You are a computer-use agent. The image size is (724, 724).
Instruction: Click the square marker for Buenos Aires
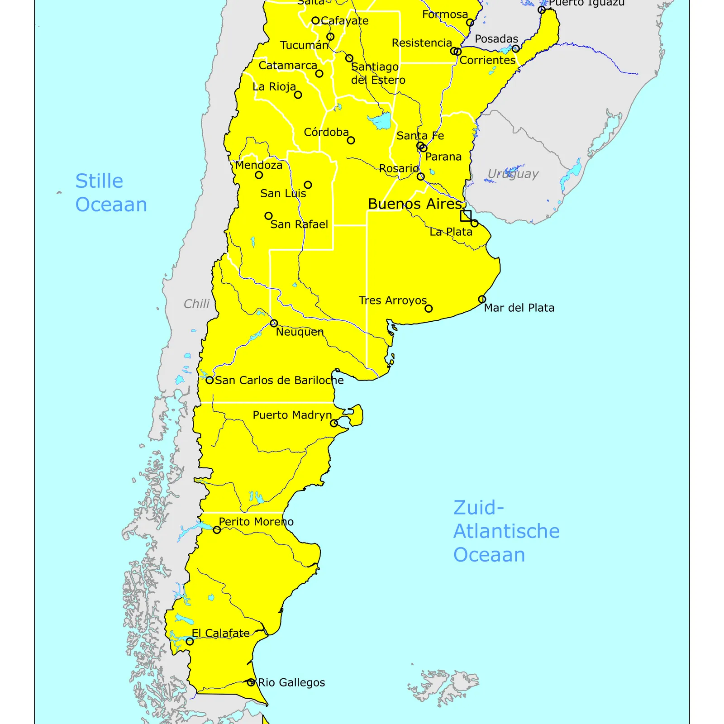click(x=466, y=216)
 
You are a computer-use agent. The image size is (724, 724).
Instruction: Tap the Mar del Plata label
click(x=519, y=308)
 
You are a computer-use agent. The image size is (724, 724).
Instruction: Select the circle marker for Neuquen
click(x=274, y=323)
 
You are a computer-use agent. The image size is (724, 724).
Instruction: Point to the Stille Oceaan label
click(x=111, y=193)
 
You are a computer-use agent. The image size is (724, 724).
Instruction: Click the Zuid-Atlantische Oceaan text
click(x=506, y=531)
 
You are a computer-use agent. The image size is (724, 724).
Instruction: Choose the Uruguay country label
click(x=513, y=174)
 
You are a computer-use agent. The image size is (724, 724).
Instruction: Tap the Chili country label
click(x=196, y=304)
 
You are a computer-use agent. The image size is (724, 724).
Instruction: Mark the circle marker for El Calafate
click(x=190, y=641)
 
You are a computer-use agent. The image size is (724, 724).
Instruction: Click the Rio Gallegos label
click(x=291, y=682)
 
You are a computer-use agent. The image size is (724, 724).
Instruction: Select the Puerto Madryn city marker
click(x=334, y=423)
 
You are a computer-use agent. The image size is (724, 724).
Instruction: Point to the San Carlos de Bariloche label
click(x=279, y=381)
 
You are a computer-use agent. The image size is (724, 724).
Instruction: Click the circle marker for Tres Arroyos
click(x=429, y=309)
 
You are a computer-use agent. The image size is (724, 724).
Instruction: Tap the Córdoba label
click(x=326, y=133)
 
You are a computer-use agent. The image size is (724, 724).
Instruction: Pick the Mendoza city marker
click(x=259, y=175)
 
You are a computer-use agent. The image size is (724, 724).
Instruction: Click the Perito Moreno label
click(x=256, y=522)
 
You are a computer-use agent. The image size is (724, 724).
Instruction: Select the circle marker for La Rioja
click(x=298, y=95)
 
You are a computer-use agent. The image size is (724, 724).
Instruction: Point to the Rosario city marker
click(x=420, y=176)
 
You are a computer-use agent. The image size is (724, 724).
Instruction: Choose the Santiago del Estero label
click(x=377, y=73)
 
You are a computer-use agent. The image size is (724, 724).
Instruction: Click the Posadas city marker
click(x=515, y=48)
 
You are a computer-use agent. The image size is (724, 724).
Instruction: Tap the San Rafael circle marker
click(x=268, y=216)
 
